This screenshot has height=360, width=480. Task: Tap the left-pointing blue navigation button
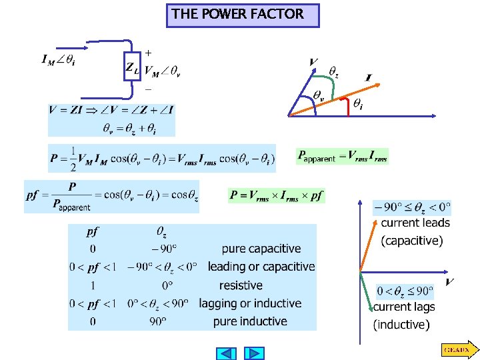point(227,353)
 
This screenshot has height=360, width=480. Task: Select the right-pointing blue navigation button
point(254,353)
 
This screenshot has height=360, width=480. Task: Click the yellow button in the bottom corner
point(457,349)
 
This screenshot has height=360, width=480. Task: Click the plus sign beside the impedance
point(147,52)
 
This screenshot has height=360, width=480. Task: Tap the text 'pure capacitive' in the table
point(261,249)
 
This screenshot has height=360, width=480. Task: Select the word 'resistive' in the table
point(241,285)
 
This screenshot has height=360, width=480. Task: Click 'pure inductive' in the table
point(250,321)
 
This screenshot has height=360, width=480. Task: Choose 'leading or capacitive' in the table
point(261,267)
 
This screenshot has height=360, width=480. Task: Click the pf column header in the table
point(93,232)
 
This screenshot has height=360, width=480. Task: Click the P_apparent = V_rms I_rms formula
point(343,156)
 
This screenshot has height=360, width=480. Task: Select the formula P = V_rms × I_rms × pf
point(277,195)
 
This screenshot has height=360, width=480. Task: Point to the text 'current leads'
point(415,223)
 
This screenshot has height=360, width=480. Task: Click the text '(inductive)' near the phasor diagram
point(401,325)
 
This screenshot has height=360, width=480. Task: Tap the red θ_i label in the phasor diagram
point(358,104)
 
